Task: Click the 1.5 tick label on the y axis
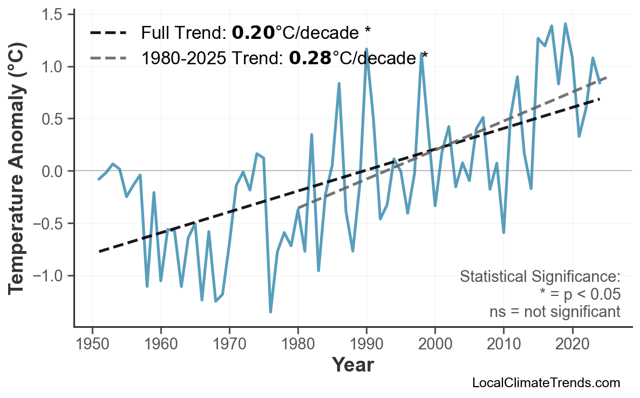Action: tap(53, 15)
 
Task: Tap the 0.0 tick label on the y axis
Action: tap(53, 171)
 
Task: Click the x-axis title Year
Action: tap(352, 365)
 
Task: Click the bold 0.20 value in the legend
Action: tap(253, 33)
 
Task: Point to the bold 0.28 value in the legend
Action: tap(310, 58)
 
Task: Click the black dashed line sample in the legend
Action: tap(108, 33)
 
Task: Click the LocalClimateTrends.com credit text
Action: tap(546, 383)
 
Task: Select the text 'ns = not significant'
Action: tap(555, 312)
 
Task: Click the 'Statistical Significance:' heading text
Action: tap(540, 277)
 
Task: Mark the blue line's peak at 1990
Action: tap(366, 49)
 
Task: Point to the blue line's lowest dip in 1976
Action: tap(270, 312)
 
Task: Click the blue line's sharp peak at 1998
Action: tap(421, 53)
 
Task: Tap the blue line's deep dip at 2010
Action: tap(503, 232)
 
